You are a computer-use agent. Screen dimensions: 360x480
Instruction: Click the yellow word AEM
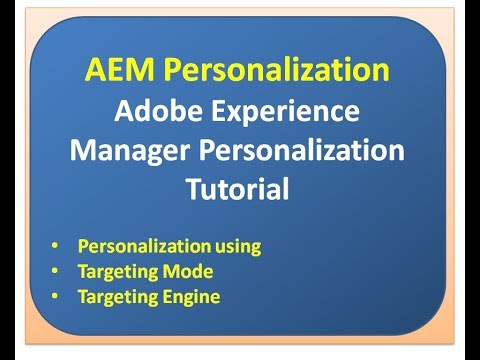(117, 71)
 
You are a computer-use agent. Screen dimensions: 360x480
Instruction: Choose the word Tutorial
(238, 188)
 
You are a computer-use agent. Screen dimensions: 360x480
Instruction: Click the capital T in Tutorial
(194, 187)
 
